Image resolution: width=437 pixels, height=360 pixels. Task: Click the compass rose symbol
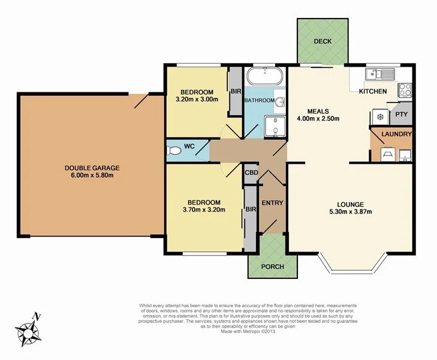click(29, 328)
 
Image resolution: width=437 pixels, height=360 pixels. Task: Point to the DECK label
click(323, 41)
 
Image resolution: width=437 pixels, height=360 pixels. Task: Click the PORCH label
click(273, 266)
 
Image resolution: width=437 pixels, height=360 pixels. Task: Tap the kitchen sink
click(379, 74)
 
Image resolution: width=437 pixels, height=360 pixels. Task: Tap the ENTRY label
click(272, 203)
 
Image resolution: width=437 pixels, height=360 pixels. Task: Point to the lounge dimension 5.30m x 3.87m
click(351, 212)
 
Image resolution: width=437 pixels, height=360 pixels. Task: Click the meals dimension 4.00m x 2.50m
click(318, 118)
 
